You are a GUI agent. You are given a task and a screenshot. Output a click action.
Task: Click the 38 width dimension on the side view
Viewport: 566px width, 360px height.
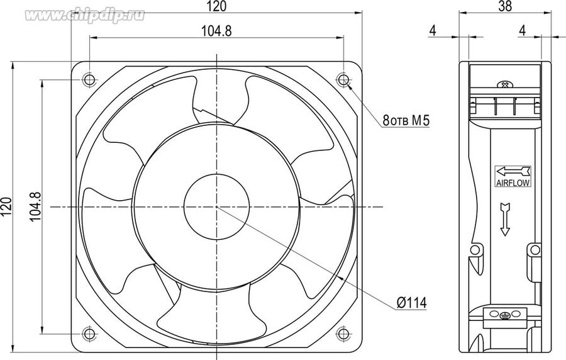tap(505, 6)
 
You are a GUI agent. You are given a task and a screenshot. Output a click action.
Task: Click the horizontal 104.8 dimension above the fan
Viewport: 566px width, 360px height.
tap(216, 31)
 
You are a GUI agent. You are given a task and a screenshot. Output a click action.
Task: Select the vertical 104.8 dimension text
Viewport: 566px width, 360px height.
tap(35, 207)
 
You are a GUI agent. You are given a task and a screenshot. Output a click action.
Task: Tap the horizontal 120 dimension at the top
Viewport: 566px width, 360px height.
tap(217, 6)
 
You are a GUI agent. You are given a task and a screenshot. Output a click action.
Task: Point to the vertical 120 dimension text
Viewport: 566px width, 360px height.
tap(7, 207)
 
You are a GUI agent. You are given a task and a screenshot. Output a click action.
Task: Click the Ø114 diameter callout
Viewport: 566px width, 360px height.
tap(411, 302)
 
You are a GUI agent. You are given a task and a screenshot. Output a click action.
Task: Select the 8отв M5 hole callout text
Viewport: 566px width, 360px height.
tap(406, 120)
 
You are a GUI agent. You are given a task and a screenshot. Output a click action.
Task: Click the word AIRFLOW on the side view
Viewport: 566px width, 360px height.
tap(513, 183)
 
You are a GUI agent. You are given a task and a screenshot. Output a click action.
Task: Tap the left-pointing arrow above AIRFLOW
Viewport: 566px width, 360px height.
tap(513, 172)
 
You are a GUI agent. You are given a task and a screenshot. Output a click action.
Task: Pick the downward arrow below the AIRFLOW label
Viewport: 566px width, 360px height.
tap(505, 219)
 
